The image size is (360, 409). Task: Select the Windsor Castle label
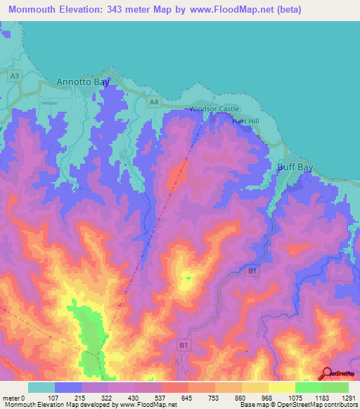pos(214,109)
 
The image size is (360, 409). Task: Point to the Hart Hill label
pos(245,122)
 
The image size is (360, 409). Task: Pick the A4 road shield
pos(154,103)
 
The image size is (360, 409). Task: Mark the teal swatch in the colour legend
pos(41,387)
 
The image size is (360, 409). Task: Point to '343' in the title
pos(130,9)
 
